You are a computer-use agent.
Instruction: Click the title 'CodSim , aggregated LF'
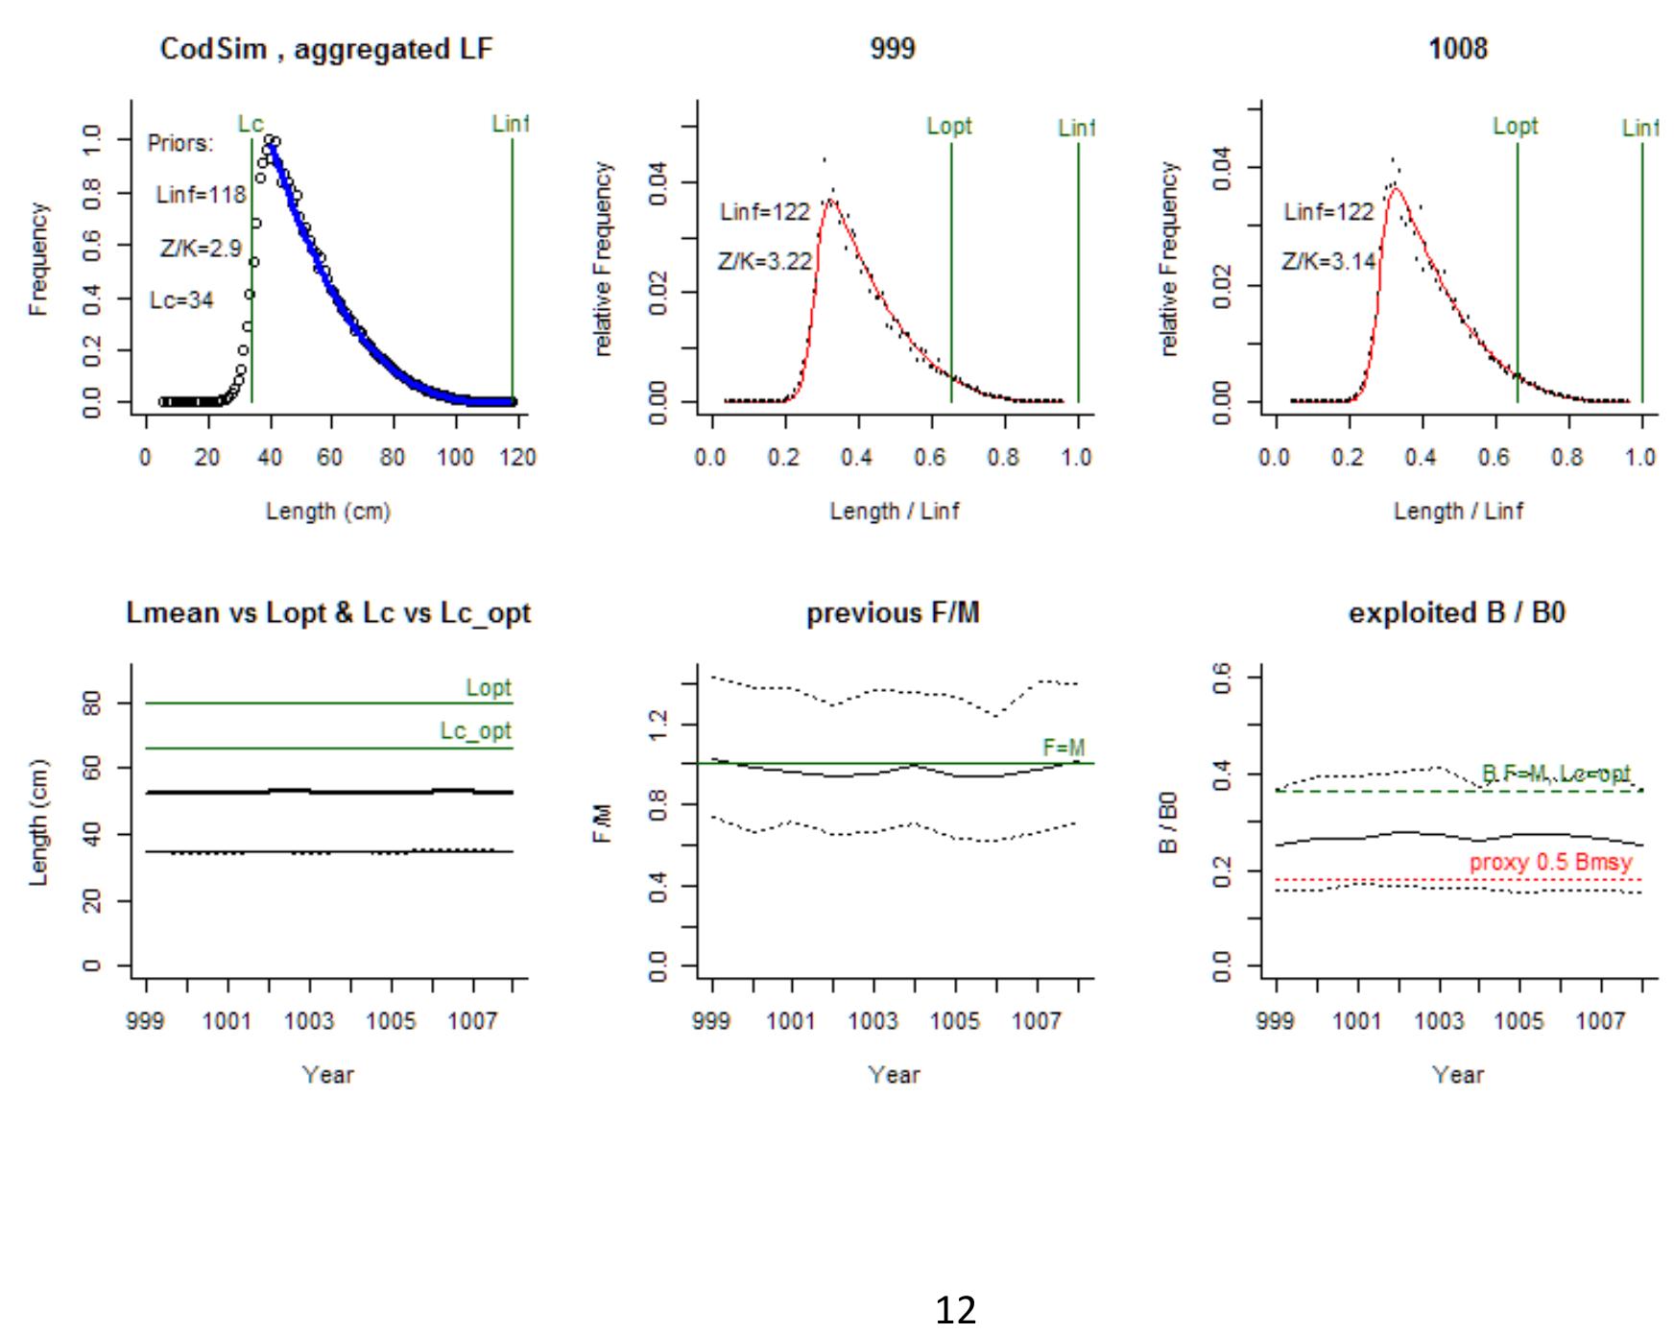click(x=326, y=49)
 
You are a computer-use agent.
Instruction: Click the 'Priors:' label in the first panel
click(x=180, y=144)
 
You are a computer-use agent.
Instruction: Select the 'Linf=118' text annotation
click(x=201, y=195)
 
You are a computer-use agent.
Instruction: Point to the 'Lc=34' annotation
click(x=181, y=300)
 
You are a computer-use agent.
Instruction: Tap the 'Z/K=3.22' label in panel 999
click(x=765, y=261)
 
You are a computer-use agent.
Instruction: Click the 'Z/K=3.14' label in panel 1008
click(x=1329, y=261)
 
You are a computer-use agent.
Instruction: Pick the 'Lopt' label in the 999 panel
click(x=949, y=127)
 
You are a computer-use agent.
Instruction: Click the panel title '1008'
click(x=1458, y=49)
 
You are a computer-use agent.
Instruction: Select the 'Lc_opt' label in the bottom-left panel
click(x=476, y=731)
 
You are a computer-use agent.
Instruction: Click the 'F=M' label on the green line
click(x=1064, y=748)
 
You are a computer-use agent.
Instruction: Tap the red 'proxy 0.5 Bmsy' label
click(x=1550, y=862)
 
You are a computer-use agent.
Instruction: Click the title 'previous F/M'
click(x=893, y=613)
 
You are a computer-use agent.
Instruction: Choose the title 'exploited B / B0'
click(x=1457, y=613)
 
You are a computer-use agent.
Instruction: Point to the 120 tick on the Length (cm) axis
click(x=517, y=458)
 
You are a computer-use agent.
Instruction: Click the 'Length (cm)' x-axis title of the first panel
click(x=328, y=512)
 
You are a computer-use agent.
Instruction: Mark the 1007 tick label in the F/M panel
click(x=1037, y=1021)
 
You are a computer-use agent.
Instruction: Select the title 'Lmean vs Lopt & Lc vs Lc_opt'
click(x=328, y=613)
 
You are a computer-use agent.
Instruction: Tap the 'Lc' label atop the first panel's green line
click(x=251, y=124)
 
